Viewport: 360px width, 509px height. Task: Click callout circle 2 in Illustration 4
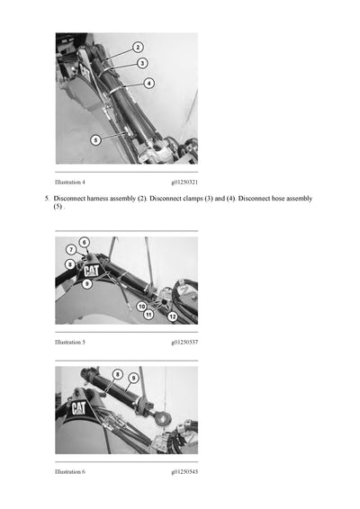[138, 47]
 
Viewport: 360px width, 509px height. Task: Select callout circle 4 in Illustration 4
[148, 83]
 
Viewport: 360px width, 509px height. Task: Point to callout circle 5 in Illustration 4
[95, 139]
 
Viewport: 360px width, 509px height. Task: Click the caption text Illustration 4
[70, 182]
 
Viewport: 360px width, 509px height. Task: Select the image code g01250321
[184, 182]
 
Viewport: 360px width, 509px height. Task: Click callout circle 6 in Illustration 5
[84, 242]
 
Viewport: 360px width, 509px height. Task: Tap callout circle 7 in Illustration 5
[71, 250]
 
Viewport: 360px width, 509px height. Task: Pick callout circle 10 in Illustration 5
[142, 306]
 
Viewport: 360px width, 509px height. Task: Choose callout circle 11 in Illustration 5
[148, 315]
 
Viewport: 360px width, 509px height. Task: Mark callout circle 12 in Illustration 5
[172, 317]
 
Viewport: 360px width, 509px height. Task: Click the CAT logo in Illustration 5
[92, 271]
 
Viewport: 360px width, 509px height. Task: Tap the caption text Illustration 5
[70, 343]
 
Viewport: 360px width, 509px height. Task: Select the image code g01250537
[184, 343]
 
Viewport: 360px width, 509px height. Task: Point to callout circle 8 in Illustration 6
[117, 374]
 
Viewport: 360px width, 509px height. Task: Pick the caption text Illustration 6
[70, 471]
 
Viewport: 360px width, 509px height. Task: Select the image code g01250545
[184, 471]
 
